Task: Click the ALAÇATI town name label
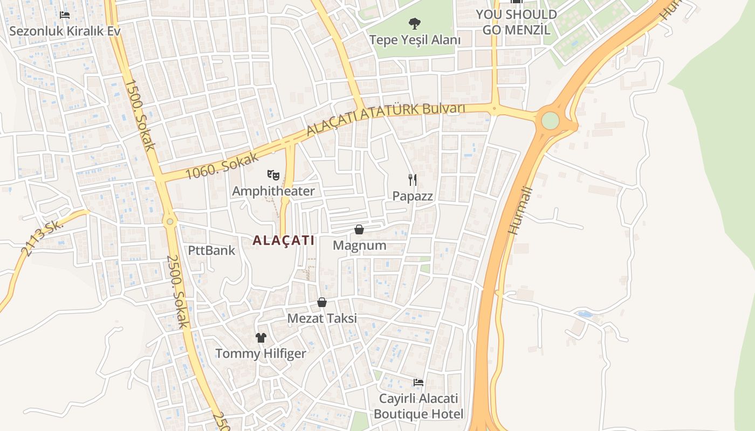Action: [283, 240]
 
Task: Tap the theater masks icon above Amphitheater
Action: [273, 175]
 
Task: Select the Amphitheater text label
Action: [273, 191]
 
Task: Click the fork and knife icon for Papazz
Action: [413, 179]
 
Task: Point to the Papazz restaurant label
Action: [413, 196]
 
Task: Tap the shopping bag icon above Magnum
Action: [359, 230]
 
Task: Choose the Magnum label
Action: [359, 246]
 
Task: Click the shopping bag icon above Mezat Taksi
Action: [322, 302]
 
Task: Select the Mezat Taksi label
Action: [322, 318]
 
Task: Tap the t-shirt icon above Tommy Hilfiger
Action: [261, 338]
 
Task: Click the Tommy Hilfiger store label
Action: [261, 354]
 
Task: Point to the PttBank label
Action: [211, 250]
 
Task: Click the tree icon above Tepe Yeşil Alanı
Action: [414, 24]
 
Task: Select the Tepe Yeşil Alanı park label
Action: [414, 40]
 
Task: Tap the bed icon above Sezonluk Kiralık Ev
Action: [65, 15]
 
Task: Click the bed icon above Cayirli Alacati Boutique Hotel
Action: [418, 383]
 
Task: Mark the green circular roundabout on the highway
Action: [550, 120]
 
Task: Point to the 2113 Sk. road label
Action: [42, 238]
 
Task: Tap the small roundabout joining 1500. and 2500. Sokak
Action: [170, 221]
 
